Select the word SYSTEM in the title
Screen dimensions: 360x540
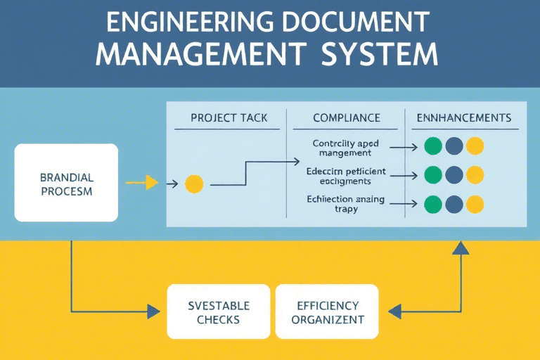click(x=380, y=54)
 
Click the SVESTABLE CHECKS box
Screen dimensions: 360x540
click(x=218, y=312)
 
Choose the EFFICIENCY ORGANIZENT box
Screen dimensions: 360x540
click(x=328, y=312)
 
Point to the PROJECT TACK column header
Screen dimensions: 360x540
click(x=229, y=117)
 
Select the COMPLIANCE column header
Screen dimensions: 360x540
click(x=346, y=117)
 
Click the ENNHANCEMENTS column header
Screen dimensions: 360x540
click(x=464, y=117)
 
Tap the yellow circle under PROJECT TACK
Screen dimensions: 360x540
click(x=194, y=184)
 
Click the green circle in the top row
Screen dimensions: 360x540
click(x=434, y=146)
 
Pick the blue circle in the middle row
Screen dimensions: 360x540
click(x=454, y=174)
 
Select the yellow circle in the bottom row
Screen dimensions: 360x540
click(x=475, y=204)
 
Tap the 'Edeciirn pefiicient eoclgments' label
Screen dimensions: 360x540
click(x=347, y=176)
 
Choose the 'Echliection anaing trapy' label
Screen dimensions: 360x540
click(x=345, y=204)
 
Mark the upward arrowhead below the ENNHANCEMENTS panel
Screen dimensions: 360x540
click(x=461, y=247)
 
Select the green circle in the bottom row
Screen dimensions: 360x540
click(x=434, y=204)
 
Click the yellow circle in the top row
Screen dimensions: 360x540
click(x=475, y=146)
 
